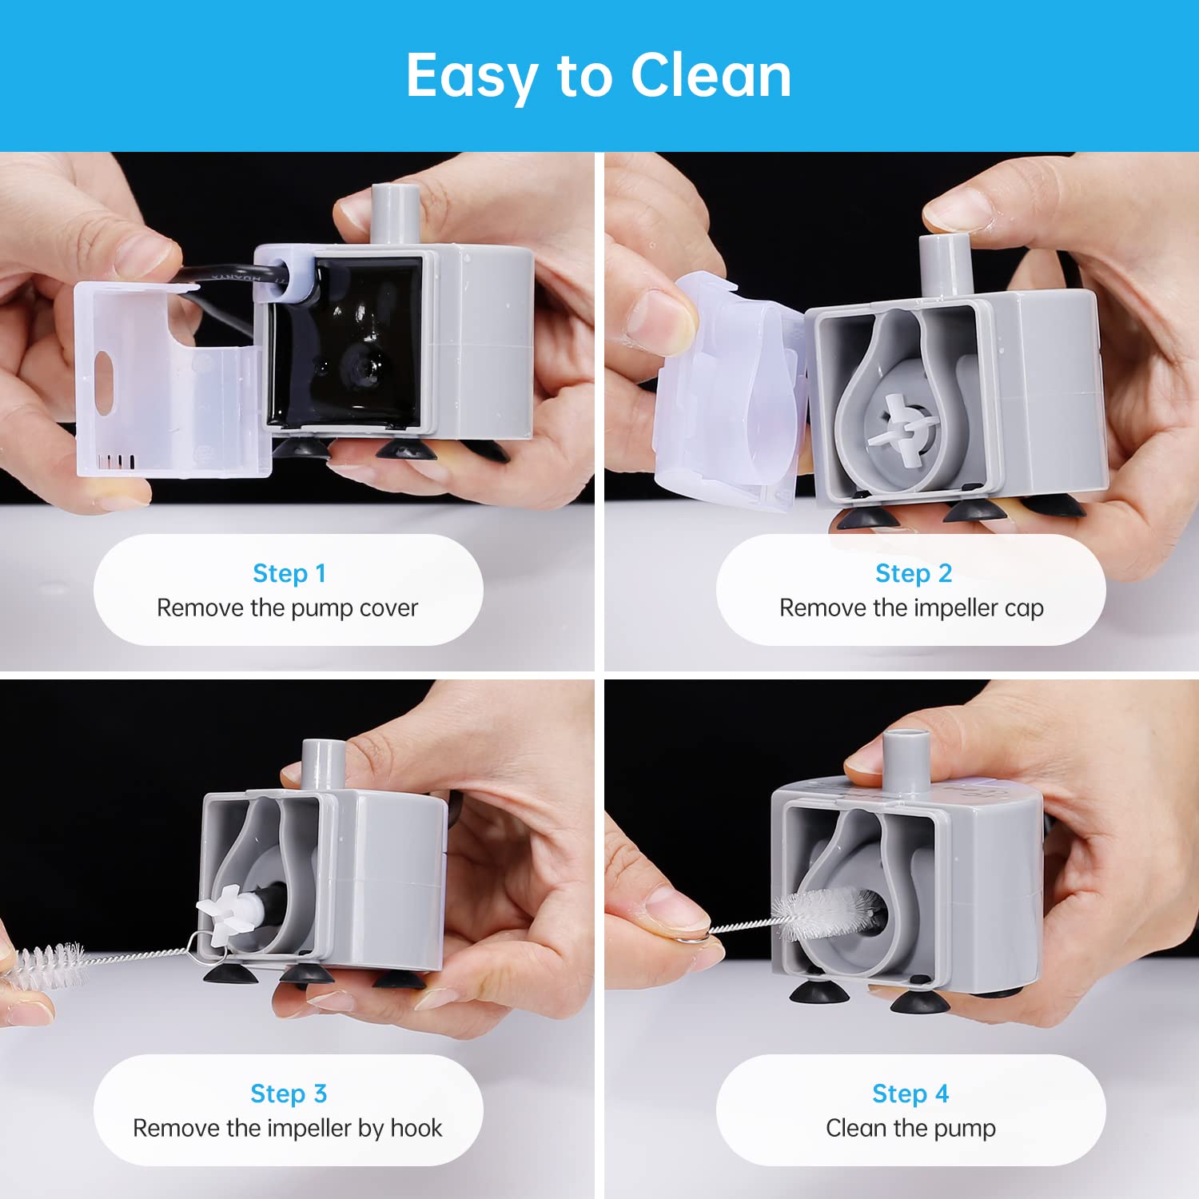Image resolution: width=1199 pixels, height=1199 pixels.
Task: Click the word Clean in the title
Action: (x=711, y=75)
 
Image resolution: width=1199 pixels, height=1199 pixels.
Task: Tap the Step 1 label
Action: (x=289, y=573)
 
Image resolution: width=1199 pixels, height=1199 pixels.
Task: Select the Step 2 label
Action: (x=913, y=573)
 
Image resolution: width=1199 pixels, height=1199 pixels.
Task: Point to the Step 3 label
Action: (x=289, y=1093)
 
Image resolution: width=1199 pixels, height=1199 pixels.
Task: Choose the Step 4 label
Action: (x=910, y=1093)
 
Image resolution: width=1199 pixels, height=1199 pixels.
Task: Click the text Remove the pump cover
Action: (x=287, y=608)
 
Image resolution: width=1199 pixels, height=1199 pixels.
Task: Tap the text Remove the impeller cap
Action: (x=911, y=608)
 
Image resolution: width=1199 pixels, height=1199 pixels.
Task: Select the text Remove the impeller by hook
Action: (x=287, y=1128)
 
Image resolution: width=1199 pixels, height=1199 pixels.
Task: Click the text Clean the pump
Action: (x=910, y=1129)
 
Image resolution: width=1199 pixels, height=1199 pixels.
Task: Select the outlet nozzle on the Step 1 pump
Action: (x=396, y=213)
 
